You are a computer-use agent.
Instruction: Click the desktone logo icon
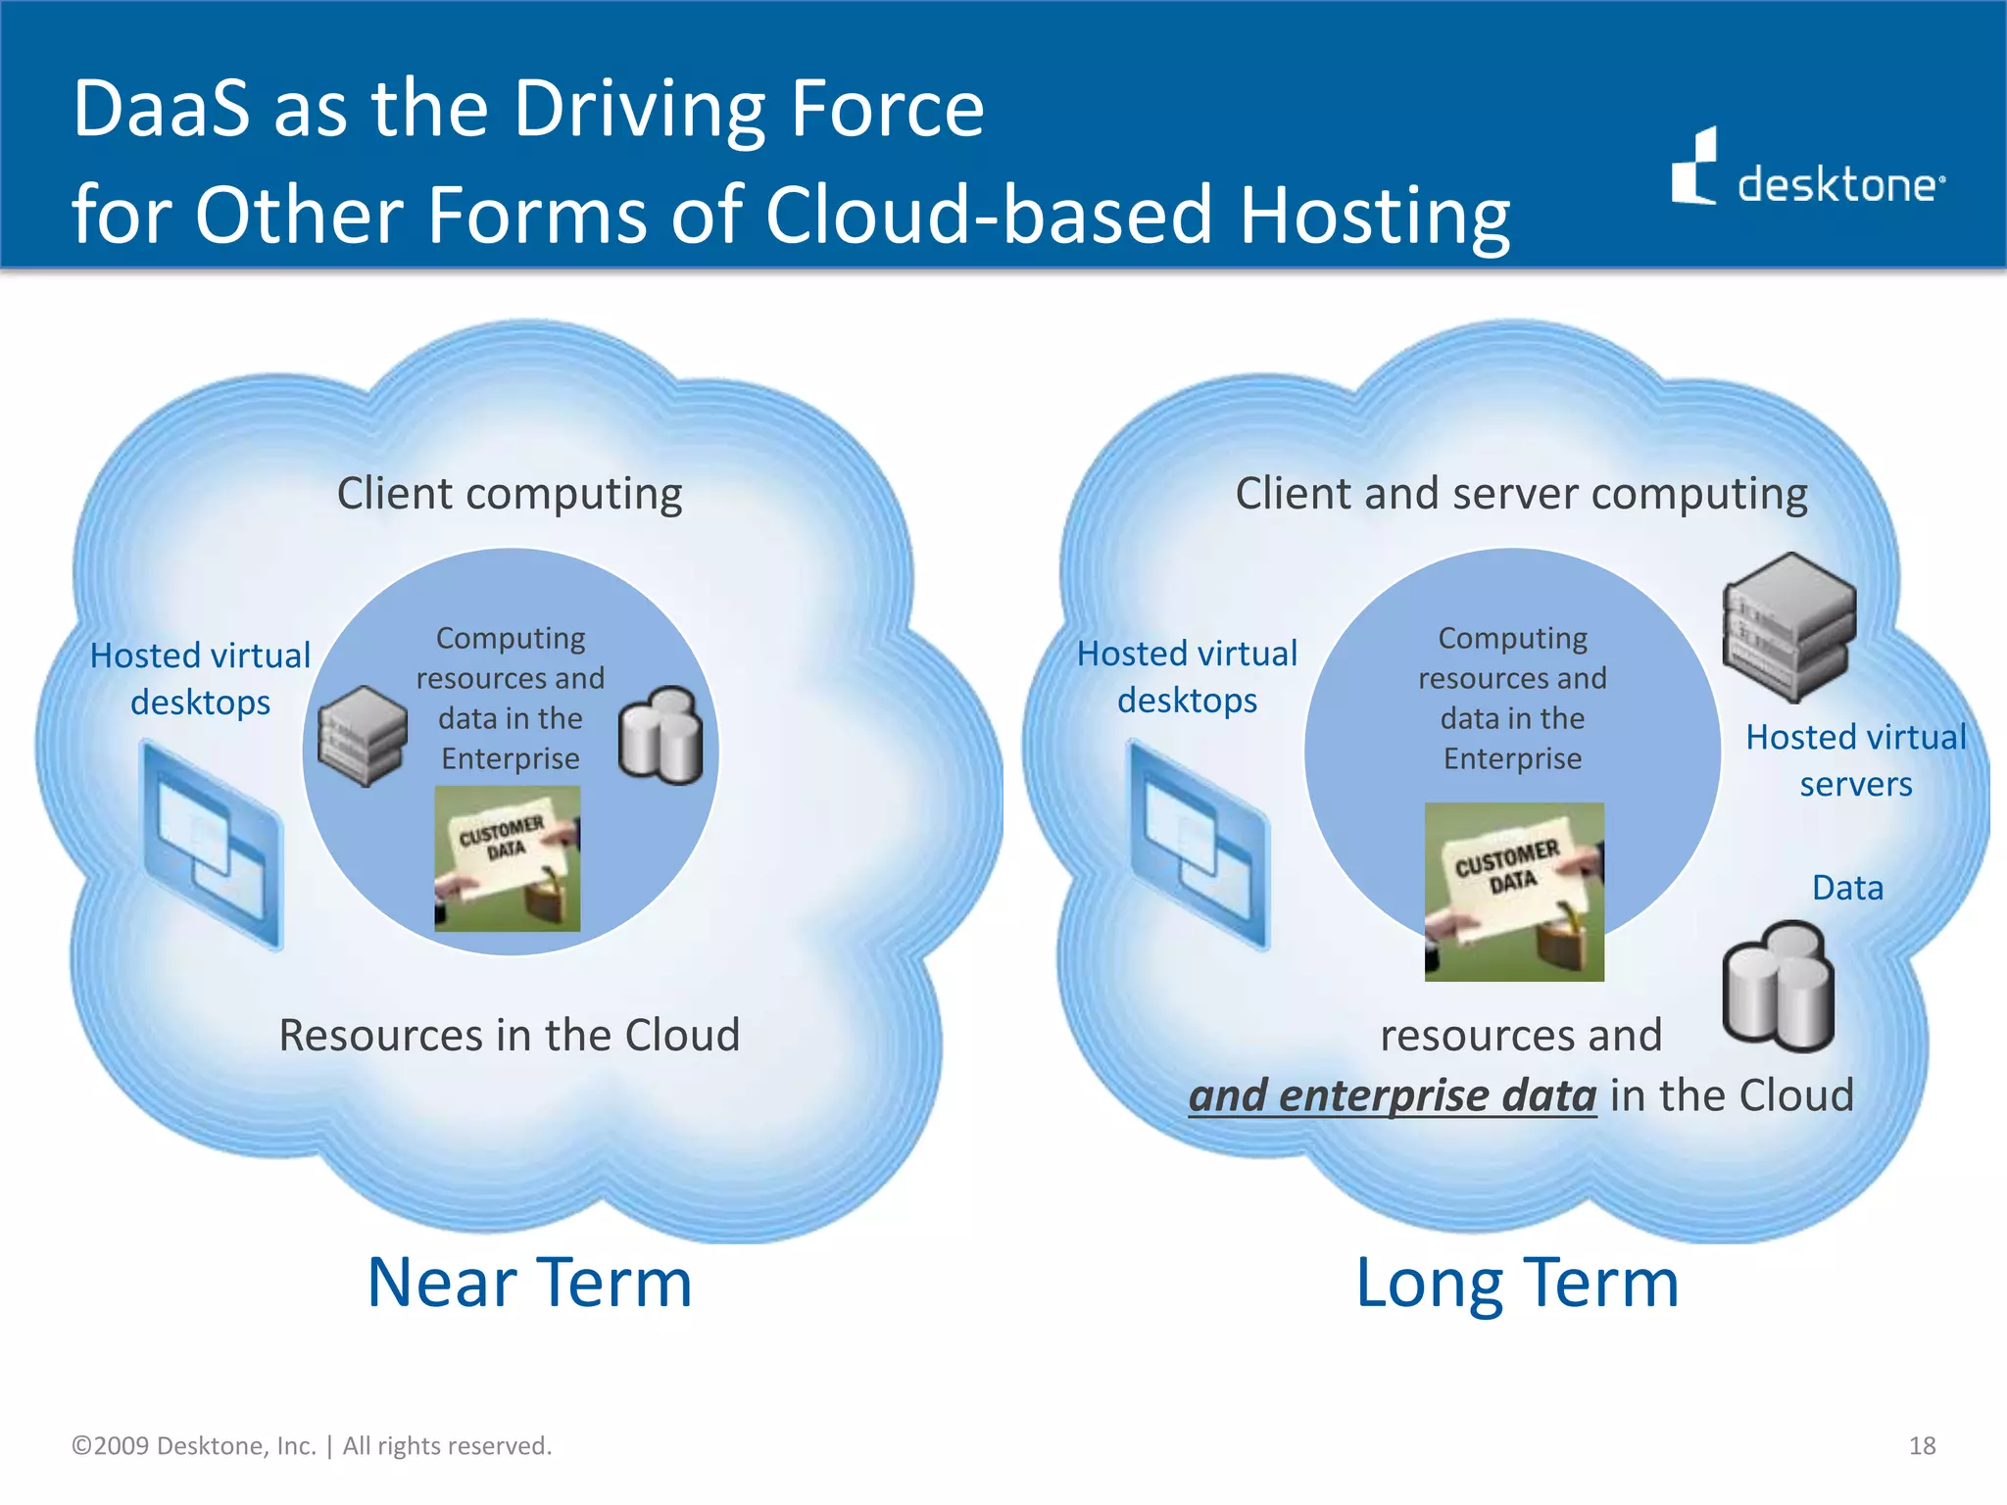(x=1694, y=168)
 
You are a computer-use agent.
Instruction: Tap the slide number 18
(x=1922, y=1445)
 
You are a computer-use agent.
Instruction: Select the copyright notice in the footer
(x=312, y=1445)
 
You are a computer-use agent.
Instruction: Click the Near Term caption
(x=529, y=1283)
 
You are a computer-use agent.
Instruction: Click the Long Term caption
(x=1517, y=1283)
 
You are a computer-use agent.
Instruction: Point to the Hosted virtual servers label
(x=1855, y=760)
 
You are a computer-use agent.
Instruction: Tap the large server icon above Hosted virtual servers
(x=1789, y=627)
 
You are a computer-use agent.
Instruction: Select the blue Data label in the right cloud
(x=1847, y=888)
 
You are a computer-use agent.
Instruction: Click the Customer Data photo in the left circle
(x=508, y=859)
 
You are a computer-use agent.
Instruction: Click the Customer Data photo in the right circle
(x=1514, y=892)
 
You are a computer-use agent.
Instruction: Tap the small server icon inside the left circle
(x=363, y=736)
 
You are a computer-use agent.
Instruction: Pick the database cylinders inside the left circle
(x=661, y=736)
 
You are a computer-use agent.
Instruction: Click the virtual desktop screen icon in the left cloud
(x=214, y=845)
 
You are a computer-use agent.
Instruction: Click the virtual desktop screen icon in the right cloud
(x=1199, y=845)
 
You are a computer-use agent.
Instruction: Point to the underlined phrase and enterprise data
(x=1392, y=1095)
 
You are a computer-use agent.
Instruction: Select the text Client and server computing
(x=1521, y=493)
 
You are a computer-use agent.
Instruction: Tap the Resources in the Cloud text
(x=510, y=1035)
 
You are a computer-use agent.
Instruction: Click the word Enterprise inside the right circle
(x=1512, y=758)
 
